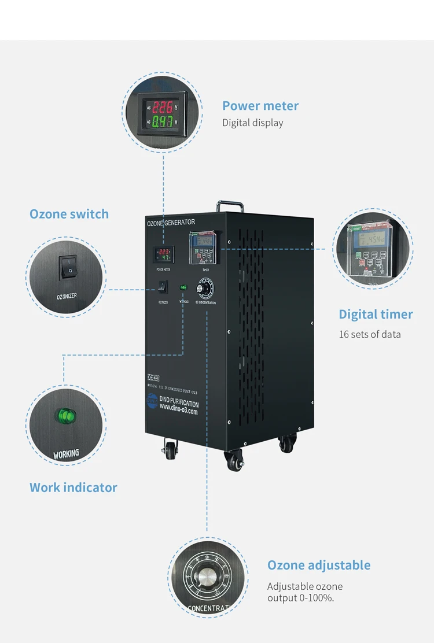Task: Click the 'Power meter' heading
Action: click(260, 106)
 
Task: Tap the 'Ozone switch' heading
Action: click(69, 214)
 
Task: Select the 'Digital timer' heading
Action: click(376, 315)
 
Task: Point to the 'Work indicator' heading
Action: click(73, 487)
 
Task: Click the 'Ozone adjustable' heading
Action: click(318, 566)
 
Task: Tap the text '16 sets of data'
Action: click(369, 334)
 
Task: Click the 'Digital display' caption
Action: click(253, 123)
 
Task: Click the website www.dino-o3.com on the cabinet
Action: click(178, 412)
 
